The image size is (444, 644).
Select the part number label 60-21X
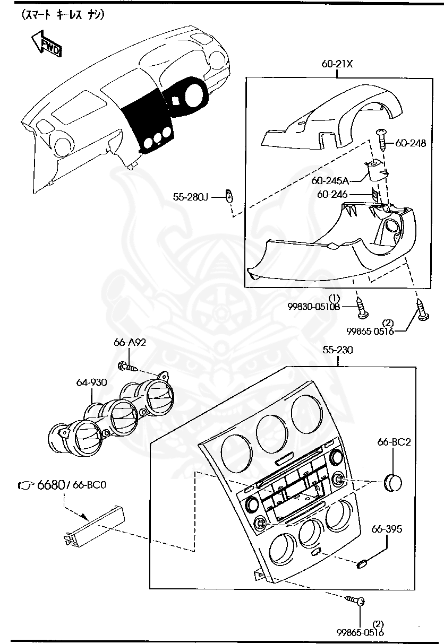337,64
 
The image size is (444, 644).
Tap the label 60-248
411,143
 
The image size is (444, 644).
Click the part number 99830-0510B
313,306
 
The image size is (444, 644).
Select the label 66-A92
130,342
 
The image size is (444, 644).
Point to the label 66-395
387,529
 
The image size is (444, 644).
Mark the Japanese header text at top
63,16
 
